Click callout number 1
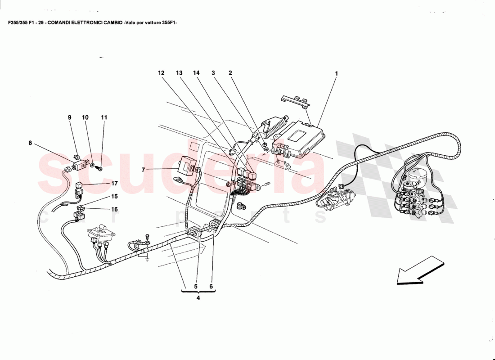[336, 73]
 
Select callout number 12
[161, 73]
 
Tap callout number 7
[143, 170]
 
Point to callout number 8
[30, 144]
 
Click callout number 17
[114, 183]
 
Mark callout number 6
[211, 286]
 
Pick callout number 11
[104, 117]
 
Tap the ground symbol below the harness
[147, 258]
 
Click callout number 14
[196, 73]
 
